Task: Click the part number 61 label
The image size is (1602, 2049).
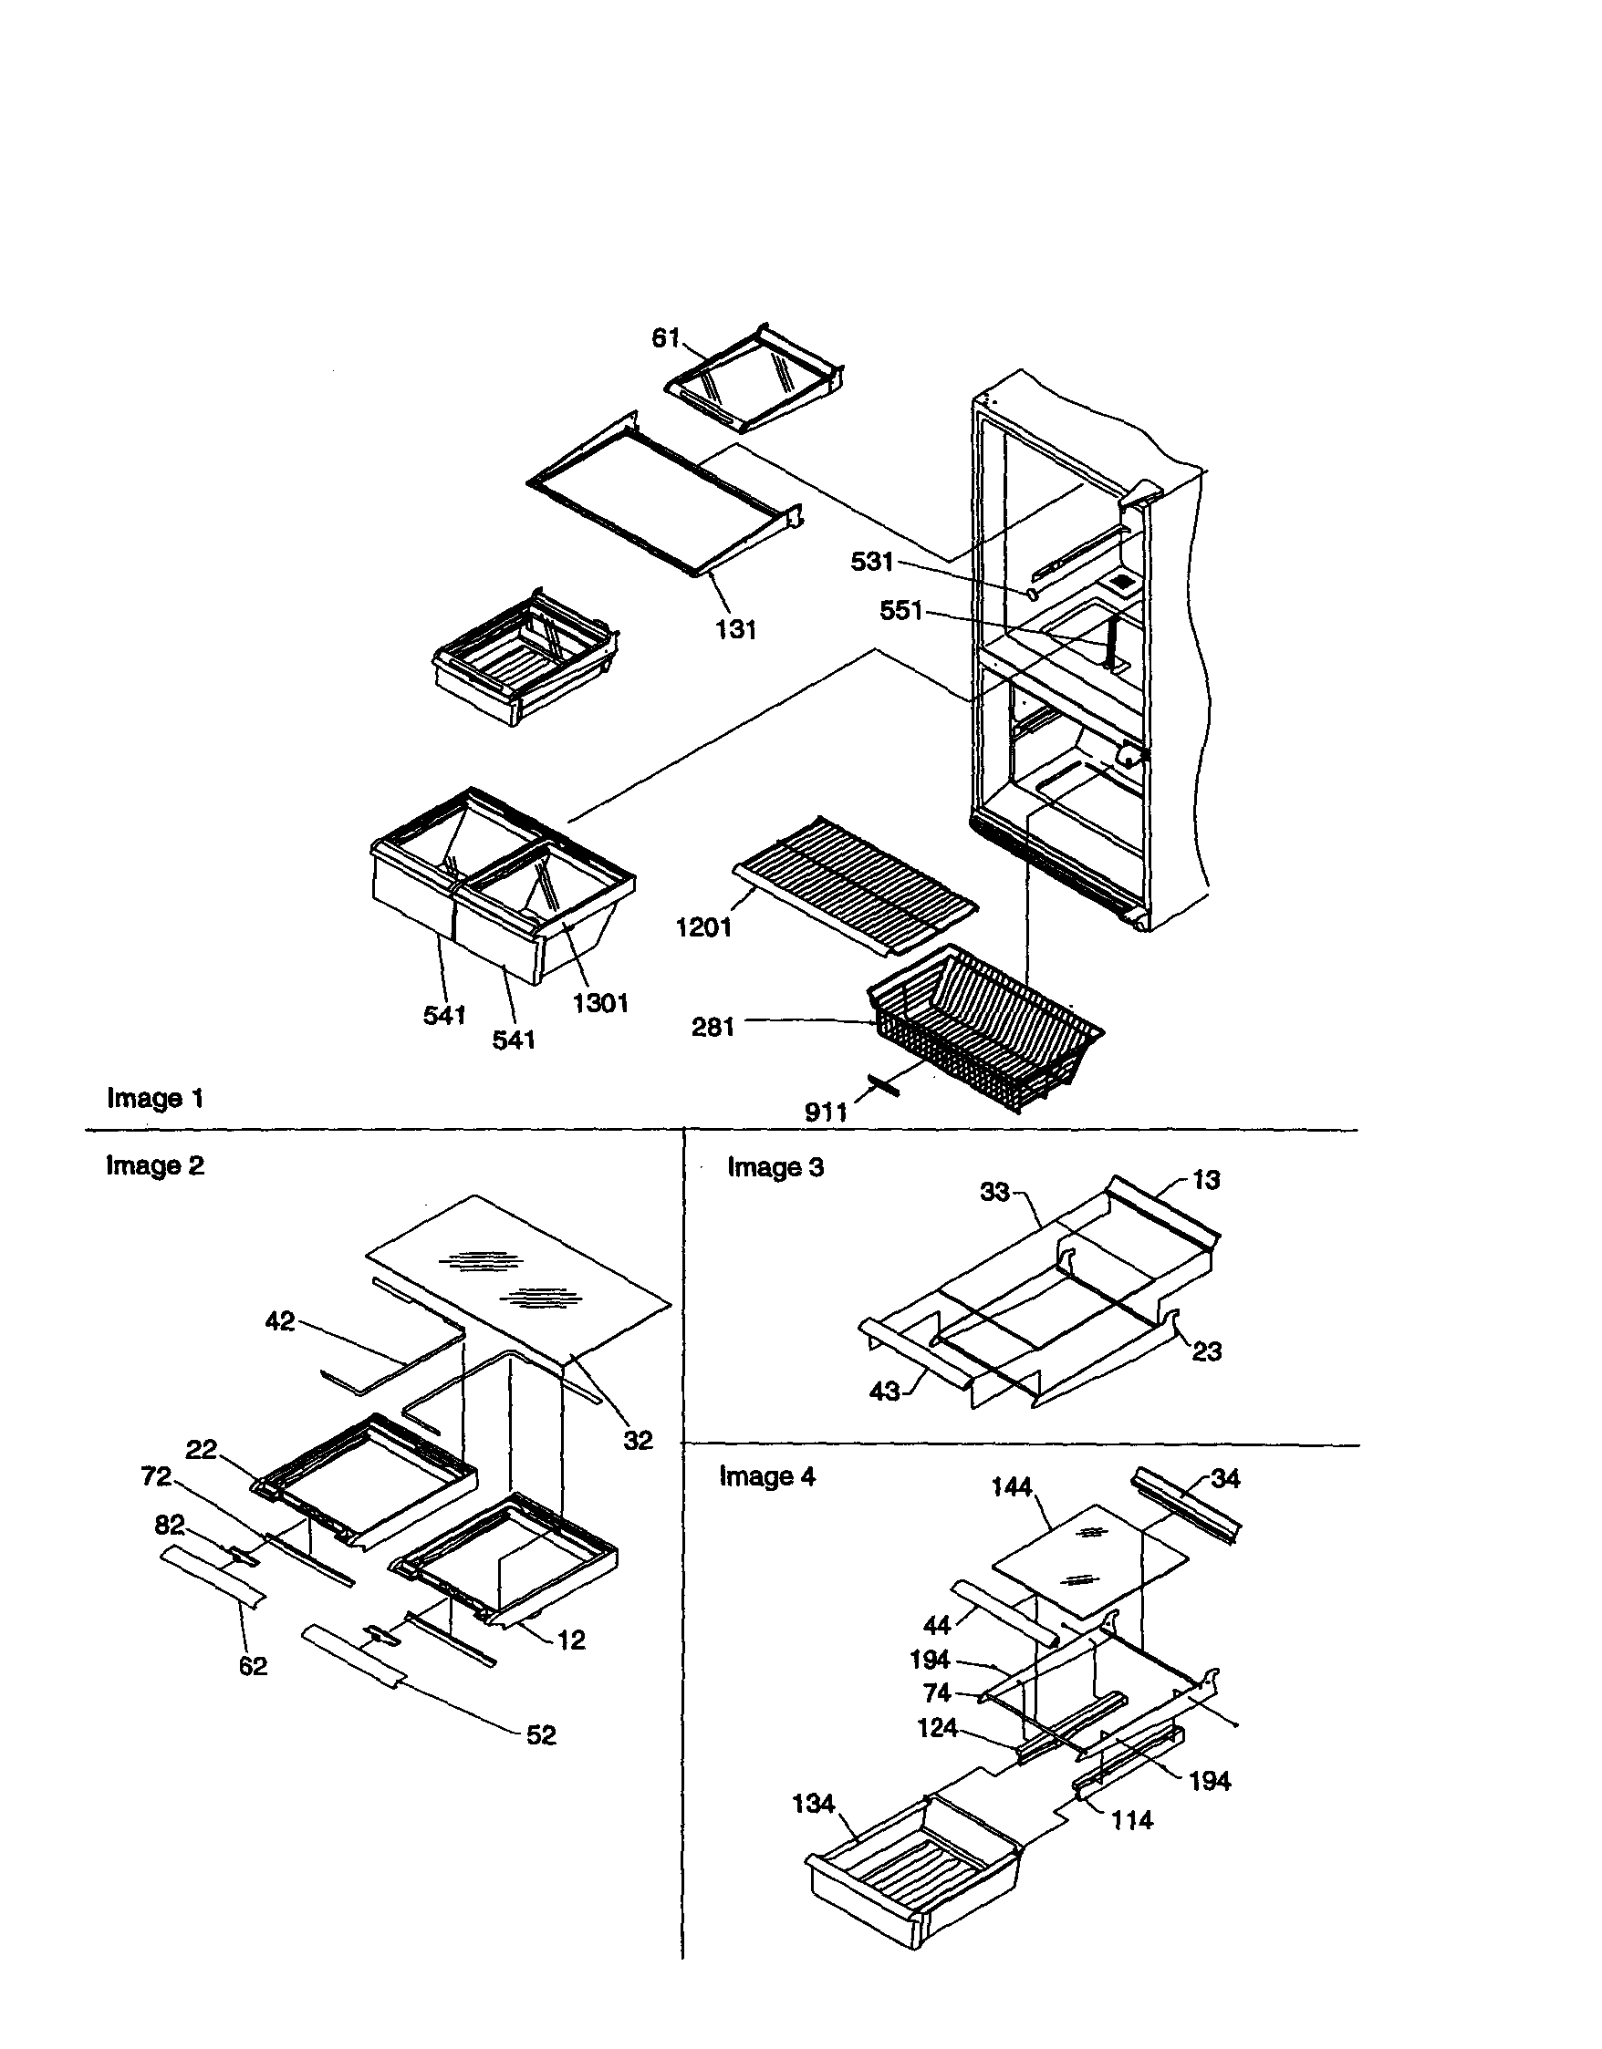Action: [x=665, y=337]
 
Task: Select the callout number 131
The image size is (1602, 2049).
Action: [x=736, y=629]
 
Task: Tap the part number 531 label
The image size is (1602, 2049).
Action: [x=872, y=561]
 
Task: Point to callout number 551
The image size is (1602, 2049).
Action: [x=901, y=611]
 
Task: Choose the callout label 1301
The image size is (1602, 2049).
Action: [x=600, y=1003]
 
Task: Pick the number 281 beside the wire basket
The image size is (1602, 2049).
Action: [x=713, y=1028]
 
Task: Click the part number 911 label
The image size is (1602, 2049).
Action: [x=826, y=1112]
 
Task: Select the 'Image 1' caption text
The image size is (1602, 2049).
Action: [x=155, y=1098]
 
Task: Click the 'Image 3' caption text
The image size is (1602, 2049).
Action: [x=775, y=1167]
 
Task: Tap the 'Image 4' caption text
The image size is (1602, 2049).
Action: [x=766, y=1476]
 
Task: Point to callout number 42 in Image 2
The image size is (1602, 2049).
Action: [x=280, y=1321]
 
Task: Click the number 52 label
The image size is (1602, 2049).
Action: [x=541, y=1734]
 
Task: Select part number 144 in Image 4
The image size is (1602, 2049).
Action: [x=1011, y=1487]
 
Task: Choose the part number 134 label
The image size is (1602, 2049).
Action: [x=813, y=1804]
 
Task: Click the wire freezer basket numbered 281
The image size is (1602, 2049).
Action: [x=985, y=1022]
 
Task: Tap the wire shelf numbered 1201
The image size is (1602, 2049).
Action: [x=854, y=882]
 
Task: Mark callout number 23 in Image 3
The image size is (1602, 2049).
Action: [x=1207, y=1351]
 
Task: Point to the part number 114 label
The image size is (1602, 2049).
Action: [x=1132, y=1821]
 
